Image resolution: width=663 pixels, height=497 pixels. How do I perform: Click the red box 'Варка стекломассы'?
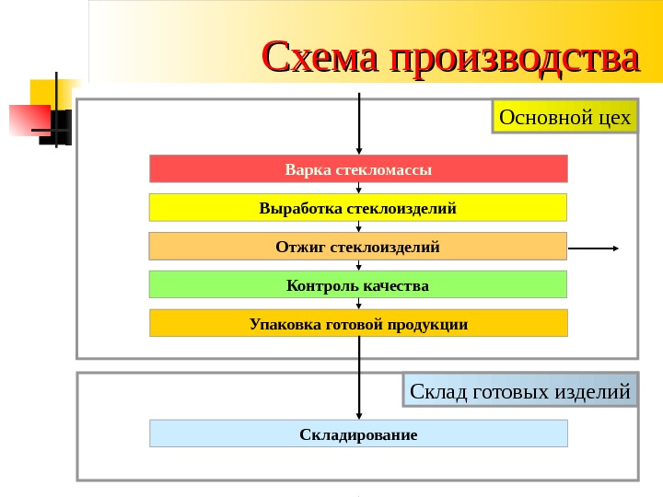coord(358,169)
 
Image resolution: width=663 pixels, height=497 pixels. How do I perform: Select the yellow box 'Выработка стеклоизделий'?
coord(358,208)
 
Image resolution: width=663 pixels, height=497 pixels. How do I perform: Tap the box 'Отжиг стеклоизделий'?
coord(358,247)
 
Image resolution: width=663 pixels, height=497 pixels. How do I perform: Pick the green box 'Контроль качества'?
coord(358,285)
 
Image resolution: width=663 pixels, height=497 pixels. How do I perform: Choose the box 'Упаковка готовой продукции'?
coord(358,324)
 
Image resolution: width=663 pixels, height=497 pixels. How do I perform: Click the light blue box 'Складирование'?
coord(358,433)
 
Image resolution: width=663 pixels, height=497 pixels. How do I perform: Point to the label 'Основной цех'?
coord(564,117)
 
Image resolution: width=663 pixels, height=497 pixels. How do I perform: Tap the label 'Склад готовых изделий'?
coord(520,392)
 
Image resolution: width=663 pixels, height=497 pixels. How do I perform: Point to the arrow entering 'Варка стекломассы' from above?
coord(358,124)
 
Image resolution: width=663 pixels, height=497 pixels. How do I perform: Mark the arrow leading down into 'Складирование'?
coord(358,387)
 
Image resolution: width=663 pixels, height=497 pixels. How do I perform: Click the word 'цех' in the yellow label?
coord(613,117)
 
